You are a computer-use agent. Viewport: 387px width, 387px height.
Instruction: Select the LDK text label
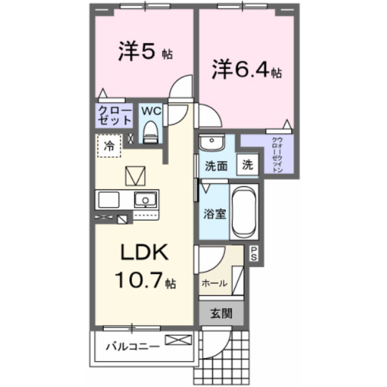pos(145,252)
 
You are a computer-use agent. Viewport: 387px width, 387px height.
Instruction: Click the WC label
pos(151,111)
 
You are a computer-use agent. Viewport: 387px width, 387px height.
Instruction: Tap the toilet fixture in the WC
pos(151,132)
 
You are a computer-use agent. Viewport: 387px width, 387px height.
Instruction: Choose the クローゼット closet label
pos(114,115)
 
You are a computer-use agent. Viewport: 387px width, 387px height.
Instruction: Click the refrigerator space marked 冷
pos(109,146)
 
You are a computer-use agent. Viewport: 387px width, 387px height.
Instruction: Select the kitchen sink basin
pos(145,200)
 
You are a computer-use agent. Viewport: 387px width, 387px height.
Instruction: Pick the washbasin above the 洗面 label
pos(212,143)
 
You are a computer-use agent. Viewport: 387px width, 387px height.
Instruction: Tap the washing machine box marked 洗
pos(247,164)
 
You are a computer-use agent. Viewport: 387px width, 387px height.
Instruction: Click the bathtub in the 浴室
pos(244,212)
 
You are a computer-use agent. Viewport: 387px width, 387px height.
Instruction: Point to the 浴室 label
pos(215,213)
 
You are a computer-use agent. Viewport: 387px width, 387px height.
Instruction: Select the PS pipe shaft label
pos(254,254)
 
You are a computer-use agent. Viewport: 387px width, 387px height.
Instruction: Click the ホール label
pos(214,284)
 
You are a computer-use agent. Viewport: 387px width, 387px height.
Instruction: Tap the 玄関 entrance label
pos(221,314)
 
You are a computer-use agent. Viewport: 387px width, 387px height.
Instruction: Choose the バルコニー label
pos(132,346)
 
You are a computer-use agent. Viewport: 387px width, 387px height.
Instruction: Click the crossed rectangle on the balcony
pos(178,340)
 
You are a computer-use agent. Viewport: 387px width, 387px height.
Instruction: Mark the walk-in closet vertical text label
pos(277,155)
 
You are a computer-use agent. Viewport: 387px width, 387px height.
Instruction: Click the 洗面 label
pos(216,166)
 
